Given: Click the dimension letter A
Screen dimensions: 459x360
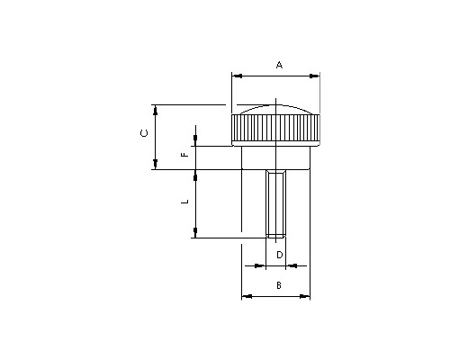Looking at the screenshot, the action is click(279, 65).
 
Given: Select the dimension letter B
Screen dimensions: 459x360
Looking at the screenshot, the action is click(279, 285).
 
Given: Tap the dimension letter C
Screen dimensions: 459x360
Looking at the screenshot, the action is click(144, 133).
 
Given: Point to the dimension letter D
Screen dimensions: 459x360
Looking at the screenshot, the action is click(279, 255).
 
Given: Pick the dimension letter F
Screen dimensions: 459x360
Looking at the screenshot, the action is click(185, 155).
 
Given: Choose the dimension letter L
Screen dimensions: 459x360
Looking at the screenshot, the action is click(185, 202).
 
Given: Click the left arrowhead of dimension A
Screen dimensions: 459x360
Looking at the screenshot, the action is click(238, 76).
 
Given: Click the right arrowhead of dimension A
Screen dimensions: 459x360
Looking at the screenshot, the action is click(314, 76).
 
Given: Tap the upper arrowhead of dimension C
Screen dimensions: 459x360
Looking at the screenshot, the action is click(155, 110).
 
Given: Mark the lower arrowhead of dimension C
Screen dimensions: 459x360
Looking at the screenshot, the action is click(155, 164).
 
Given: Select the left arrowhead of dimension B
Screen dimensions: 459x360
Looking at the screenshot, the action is click(247, 296).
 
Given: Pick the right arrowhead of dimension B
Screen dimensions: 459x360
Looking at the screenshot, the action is click(305, 296).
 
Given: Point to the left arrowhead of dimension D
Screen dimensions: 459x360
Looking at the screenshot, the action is click(260, 265).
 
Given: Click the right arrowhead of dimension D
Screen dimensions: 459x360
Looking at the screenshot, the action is click(291, 265).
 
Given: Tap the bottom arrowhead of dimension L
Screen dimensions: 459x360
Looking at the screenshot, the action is click(195, 233).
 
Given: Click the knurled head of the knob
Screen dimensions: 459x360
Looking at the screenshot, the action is click(275, 130).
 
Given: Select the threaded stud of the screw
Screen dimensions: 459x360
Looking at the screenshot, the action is click(276, 203).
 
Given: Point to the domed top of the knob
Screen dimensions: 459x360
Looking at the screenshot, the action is click(275, 110).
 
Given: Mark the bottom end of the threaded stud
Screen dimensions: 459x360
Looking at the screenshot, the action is click(276, 238).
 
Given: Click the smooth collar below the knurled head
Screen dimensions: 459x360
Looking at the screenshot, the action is click(275, 157).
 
